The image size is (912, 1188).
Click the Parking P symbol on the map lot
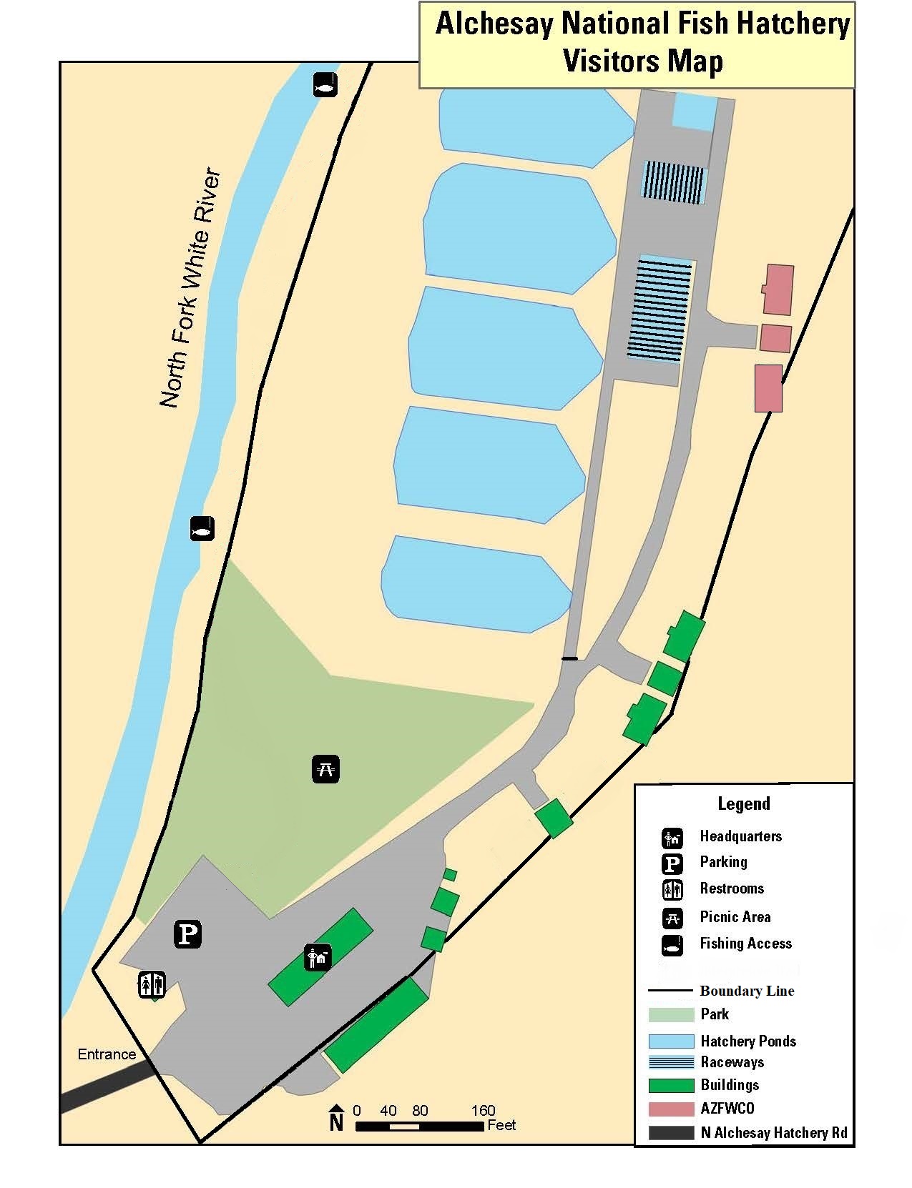[x=187, y=934]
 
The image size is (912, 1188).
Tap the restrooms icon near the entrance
[x=152, y=984]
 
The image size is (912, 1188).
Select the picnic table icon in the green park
[x=325, y=768]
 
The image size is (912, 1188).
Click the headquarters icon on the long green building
[x=318, y=957]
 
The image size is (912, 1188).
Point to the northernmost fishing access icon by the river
[x=325, y=85]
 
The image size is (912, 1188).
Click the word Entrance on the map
[x=107, y=1054]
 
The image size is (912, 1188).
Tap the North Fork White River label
[x=191, y=289]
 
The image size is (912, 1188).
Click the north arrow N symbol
[x=336, y=1119]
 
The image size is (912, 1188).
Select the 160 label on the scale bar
[x=484, y=1110]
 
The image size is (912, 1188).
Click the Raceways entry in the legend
[x=732, y=1062]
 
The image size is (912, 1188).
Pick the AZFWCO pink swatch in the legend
[x=671, y=1109]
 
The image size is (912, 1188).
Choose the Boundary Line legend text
[x=747, y=991]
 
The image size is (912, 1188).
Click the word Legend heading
[x=744, y=803]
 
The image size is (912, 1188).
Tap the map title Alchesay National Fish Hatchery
[x=642, y=24]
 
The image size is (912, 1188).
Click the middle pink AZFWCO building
[x=775, y=338]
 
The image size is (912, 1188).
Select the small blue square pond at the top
[x=695, y=112]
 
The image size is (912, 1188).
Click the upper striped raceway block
[x=674, y=182]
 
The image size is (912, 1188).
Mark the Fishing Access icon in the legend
[x=672, y=944]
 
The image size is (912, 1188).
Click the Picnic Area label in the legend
[x=735, y=917]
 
